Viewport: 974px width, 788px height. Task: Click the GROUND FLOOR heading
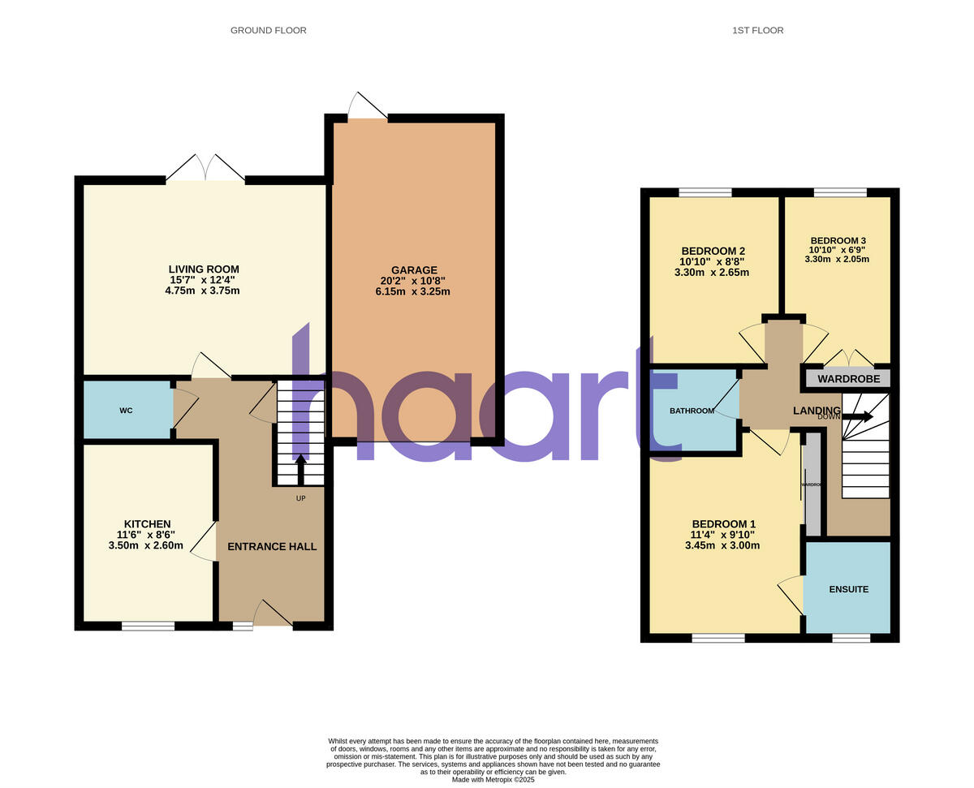tap(268, 31)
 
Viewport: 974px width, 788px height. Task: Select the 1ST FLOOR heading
tap(757, 31)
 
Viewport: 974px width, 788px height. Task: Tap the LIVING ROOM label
tap(204, 269)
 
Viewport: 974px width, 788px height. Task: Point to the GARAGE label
tap(414, 270)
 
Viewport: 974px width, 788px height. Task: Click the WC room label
tap(126, 411)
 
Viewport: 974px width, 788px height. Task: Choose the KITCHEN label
tap(147, 524)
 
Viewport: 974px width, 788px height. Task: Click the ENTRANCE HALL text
tap(272, 547)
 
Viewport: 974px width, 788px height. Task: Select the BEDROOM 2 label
tap(713, 251)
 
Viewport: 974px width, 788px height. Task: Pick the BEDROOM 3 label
tap(838, 241)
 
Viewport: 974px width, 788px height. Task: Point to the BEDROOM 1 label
tap(723, 524)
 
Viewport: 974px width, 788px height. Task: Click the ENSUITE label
tap(848, 589)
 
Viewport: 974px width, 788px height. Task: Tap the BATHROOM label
tap(692, 411)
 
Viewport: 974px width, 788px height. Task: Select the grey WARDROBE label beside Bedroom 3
tap(848, 379)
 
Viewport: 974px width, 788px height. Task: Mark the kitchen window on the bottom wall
tap(148, 626)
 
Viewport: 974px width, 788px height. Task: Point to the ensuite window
tap(851, 639)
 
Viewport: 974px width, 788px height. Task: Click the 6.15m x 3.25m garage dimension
tap(414, 291)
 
